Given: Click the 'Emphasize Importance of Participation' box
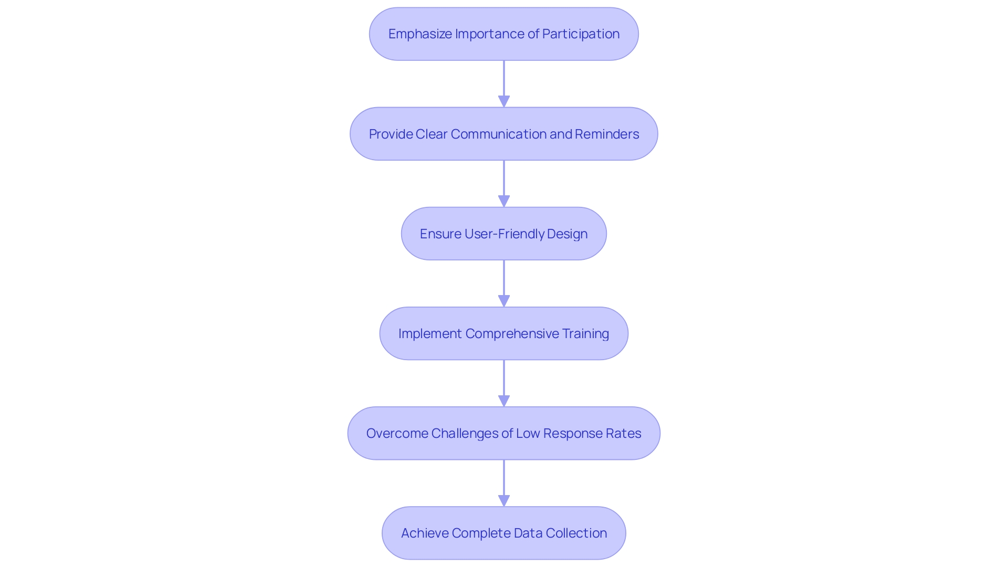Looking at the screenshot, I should [504, 34].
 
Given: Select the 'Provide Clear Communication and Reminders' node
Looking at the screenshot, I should [504, 134].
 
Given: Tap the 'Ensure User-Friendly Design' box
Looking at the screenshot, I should [504, 234].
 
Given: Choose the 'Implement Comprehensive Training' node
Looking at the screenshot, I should [504, 333].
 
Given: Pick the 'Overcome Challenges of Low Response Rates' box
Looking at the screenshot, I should [504, 433].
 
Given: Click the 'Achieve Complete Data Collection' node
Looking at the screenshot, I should [504, 533].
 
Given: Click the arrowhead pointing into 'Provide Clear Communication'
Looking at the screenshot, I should [504, 101].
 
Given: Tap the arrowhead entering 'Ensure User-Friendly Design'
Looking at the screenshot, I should [504, 201].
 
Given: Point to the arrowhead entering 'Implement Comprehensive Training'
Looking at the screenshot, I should [504, 301].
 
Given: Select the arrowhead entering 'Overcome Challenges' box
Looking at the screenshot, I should [504, 401].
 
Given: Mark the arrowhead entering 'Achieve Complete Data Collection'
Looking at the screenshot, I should [504, 500].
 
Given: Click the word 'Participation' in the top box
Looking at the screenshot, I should [581, 34].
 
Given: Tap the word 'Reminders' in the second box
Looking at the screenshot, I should [607, 134].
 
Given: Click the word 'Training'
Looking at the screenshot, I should [585, 333].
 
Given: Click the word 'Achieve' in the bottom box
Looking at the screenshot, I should [424, 533].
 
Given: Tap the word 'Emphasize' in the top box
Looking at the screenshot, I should [420, 34].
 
